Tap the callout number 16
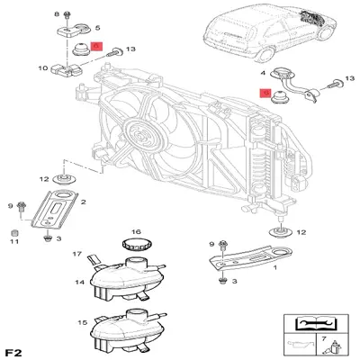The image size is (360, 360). click(136, 231)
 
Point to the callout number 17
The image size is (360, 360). click(77, 254)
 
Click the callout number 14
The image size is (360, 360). click(78, 283)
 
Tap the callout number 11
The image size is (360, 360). click(14, 240)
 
